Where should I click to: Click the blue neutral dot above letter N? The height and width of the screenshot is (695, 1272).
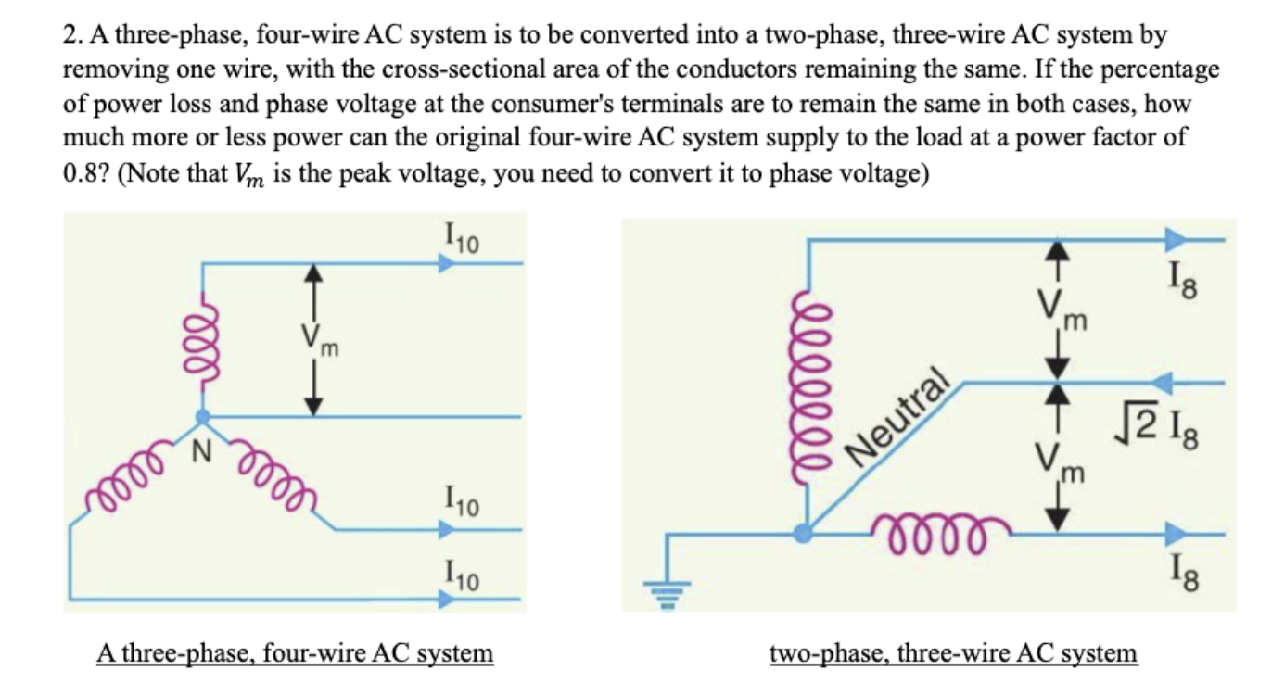(x=202, y=417)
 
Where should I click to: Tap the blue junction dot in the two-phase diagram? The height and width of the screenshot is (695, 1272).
(x=804, y=533)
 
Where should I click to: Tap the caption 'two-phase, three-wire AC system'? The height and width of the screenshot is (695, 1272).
(x=953, y=653)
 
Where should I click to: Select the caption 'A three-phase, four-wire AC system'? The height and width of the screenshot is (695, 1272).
(x=295, y=653)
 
